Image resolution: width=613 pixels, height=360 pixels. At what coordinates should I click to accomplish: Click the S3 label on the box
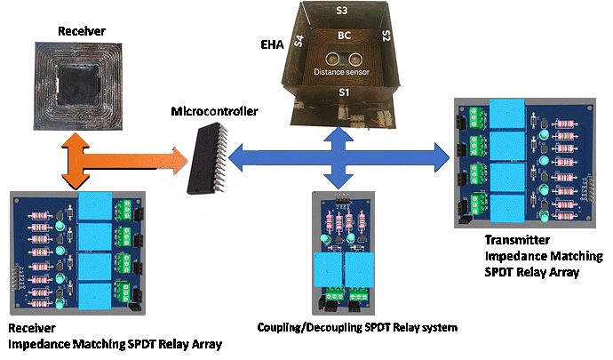342,9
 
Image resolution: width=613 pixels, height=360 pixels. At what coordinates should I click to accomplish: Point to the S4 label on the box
299,41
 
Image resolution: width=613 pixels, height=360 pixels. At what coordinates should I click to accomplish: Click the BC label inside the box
343,36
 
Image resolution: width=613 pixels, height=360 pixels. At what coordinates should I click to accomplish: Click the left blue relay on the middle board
326,269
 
